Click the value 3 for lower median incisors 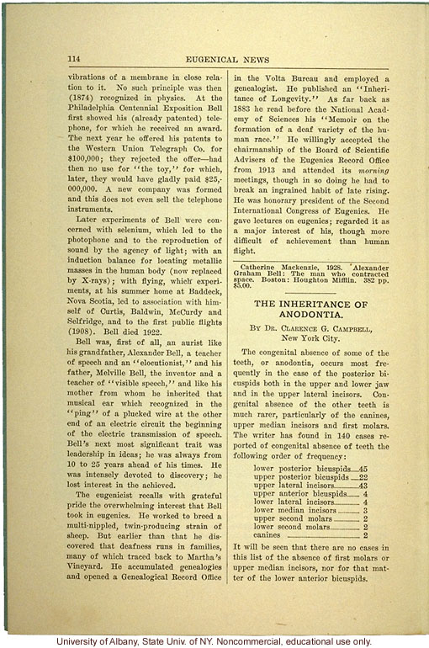point(365,510)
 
